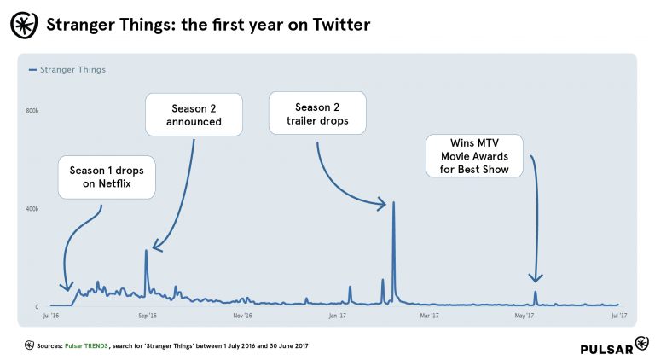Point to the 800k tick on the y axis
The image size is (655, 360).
(32, 111)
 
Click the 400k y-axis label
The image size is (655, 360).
(32, 209)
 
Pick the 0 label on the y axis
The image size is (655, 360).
(37, 306)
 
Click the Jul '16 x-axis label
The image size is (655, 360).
(51, 316)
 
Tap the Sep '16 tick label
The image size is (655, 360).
(147, 316)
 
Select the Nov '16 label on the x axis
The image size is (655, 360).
(243, 316)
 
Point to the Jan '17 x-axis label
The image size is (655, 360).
(337, 316)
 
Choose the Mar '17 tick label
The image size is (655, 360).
(430, 316)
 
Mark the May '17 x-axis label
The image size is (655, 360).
(524, 316)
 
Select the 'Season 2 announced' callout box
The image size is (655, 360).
(194, 114)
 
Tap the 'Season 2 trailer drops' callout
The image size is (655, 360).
(316, 114)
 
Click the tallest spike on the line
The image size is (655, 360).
(393, 203)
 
